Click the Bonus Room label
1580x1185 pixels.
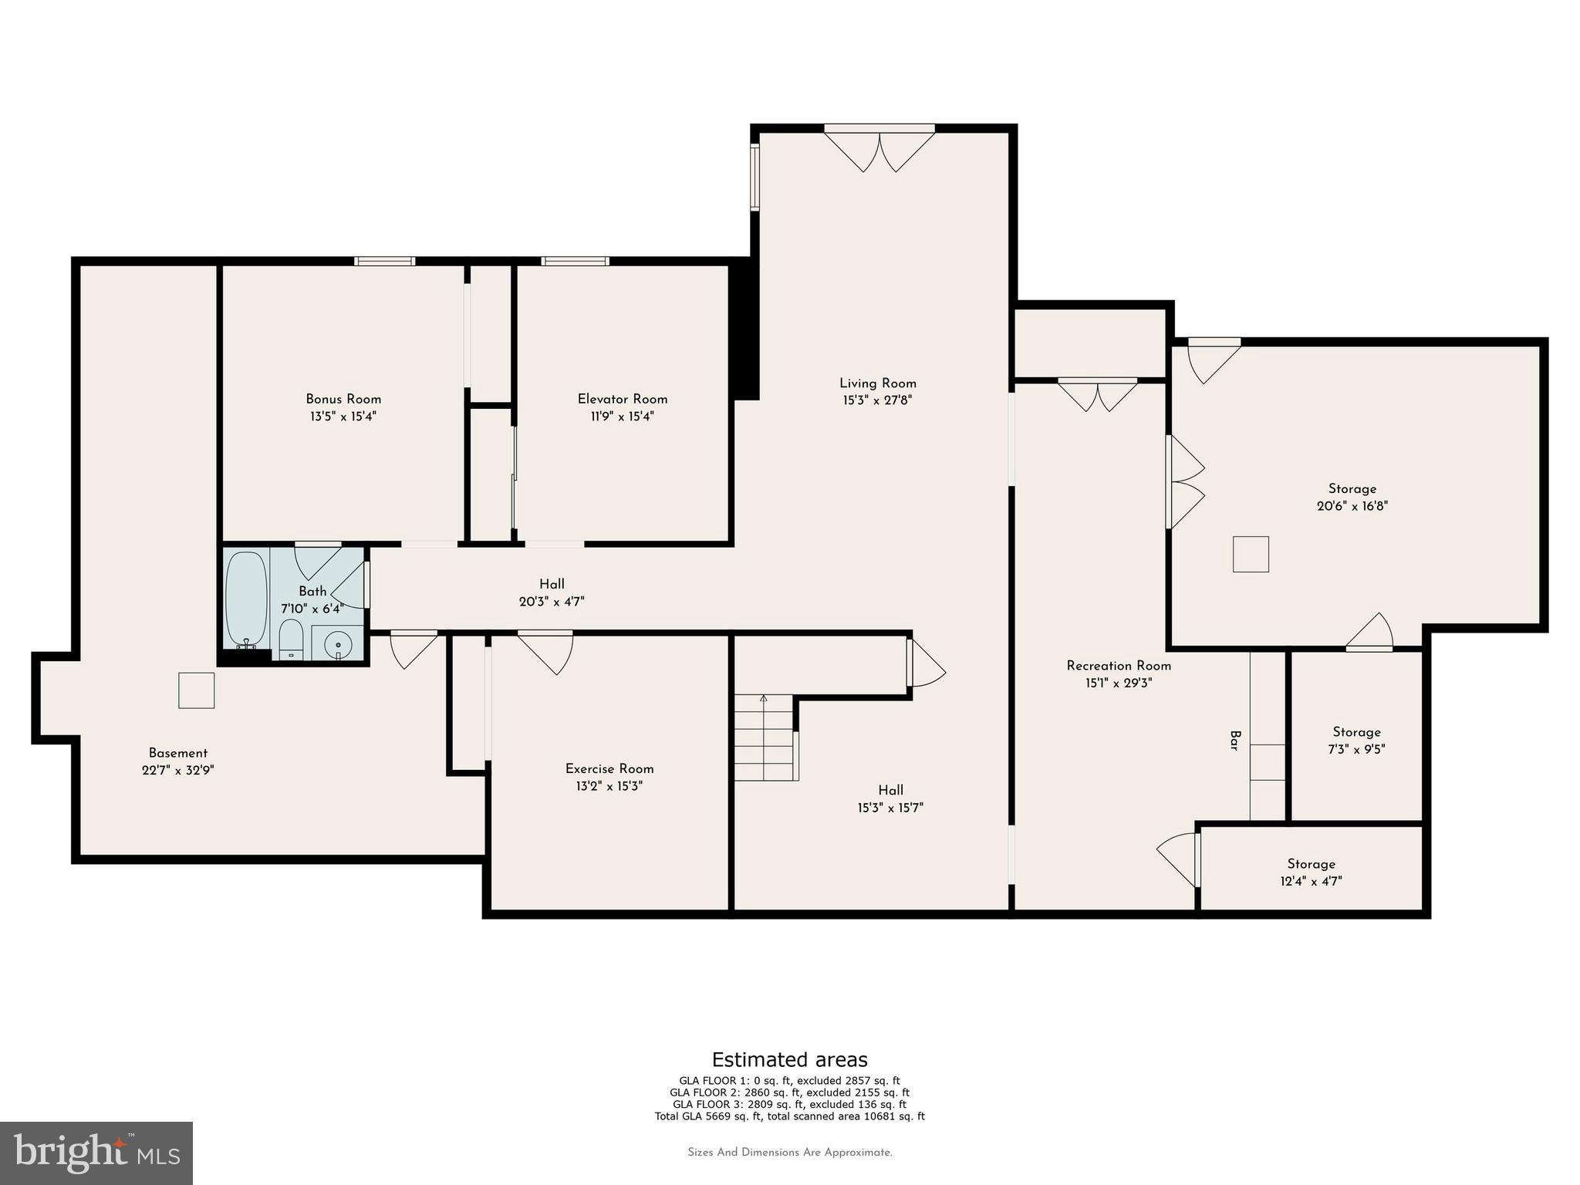click(343, 399)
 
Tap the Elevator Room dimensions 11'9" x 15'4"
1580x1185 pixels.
click(622, 417)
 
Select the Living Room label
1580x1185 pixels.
click(878, 383)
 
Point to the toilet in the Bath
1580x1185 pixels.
click(291, 640)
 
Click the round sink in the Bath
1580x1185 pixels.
click(338, 643)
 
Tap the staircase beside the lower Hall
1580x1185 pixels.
click(764, 738)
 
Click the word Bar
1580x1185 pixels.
click(1234, 741)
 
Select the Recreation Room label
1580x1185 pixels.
click(1119, 666)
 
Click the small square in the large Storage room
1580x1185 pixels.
click(1251, 554)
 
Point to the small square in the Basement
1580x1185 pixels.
click(196, 690)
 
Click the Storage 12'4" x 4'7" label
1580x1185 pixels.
click(1311, 873)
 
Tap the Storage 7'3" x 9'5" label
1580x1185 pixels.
click(1357, 740)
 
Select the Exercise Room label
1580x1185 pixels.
click(609, 769)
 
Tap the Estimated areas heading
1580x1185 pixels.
click(789, 1059)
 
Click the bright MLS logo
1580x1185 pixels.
click(96, 1153)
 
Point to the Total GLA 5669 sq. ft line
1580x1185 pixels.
click(789, 1116)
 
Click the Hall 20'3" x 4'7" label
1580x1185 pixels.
click(552, 592)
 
